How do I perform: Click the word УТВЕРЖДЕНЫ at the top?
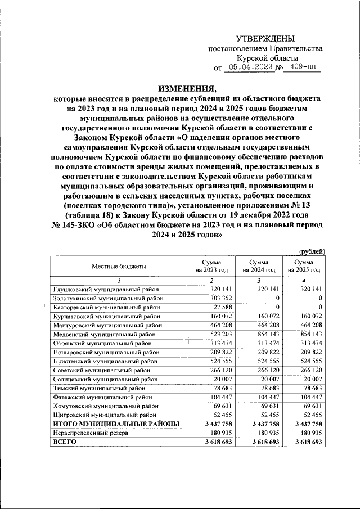pos(265,38)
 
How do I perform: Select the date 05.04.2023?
pos(249,67)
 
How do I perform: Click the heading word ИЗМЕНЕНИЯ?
pos(186,87)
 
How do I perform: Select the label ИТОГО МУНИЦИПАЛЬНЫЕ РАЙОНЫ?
pos(116,424)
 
